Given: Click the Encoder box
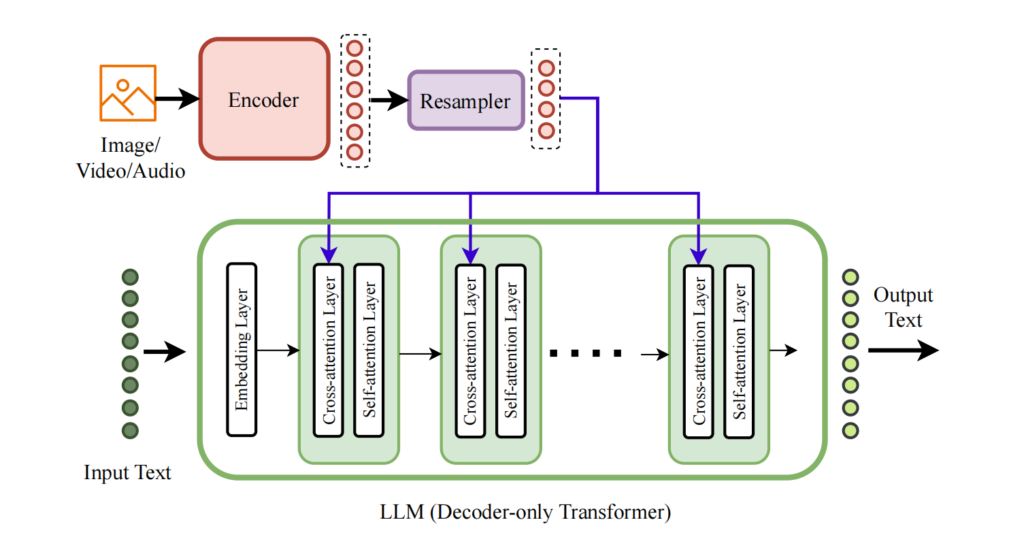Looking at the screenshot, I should tap(263, 99).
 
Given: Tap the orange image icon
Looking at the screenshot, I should tap(128, 93).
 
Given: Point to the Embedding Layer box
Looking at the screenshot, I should tap(241, 350).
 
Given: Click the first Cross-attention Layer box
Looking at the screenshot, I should tap(328, 350).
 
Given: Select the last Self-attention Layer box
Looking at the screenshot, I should tap(740, 350).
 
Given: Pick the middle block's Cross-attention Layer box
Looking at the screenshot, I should tap(470, 350).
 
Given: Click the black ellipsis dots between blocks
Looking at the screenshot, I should tap(585, 353).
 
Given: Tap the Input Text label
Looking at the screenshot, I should tap(127, 472).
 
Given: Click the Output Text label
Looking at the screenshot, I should tap(904, 308).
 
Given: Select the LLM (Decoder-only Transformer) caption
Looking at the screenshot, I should tap(525, 512).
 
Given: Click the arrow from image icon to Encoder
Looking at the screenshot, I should tap(177, 99).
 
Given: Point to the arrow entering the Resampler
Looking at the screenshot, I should tap(388, 101).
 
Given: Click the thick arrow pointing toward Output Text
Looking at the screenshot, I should tap(902, 351).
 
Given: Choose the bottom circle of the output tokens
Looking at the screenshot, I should tap(850, 430).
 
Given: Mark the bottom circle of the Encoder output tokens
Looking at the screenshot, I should tap(354, 151).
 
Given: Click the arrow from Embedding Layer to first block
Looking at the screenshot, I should tap(278, 351).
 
